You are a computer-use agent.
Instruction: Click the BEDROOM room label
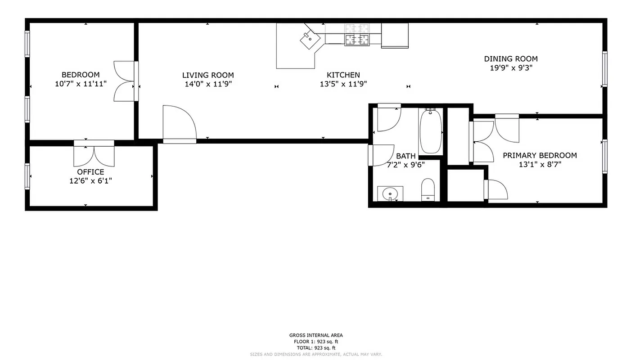pos(81,75)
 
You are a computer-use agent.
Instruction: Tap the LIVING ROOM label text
pos(208,75)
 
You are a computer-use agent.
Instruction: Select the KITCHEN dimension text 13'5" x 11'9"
pos(343,84)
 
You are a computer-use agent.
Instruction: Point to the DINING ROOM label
pos(511,59)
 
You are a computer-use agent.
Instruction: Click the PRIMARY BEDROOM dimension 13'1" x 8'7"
pos(540,165)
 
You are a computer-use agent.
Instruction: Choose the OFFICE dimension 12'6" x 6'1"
pos(90,181)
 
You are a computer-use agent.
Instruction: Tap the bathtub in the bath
pos(431,131)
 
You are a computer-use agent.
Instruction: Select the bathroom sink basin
pos(390,194)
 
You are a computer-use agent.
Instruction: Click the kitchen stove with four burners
pos(357,40)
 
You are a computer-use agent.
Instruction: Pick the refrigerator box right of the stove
pos(395,36)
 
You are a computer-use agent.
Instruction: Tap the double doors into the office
pos(94,154)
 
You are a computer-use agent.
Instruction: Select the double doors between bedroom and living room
pos(125,81)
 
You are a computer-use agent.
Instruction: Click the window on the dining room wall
pos(604,69)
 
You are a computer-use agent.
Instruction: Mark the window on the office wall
pos(27,176)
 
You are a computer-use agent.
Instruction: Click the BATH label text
pos(406,156)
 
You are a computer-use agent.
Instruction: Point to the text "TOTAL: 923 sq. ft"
pos(315,348)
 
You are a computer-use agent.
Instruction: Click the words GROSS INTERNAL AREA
pos(315,335)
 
